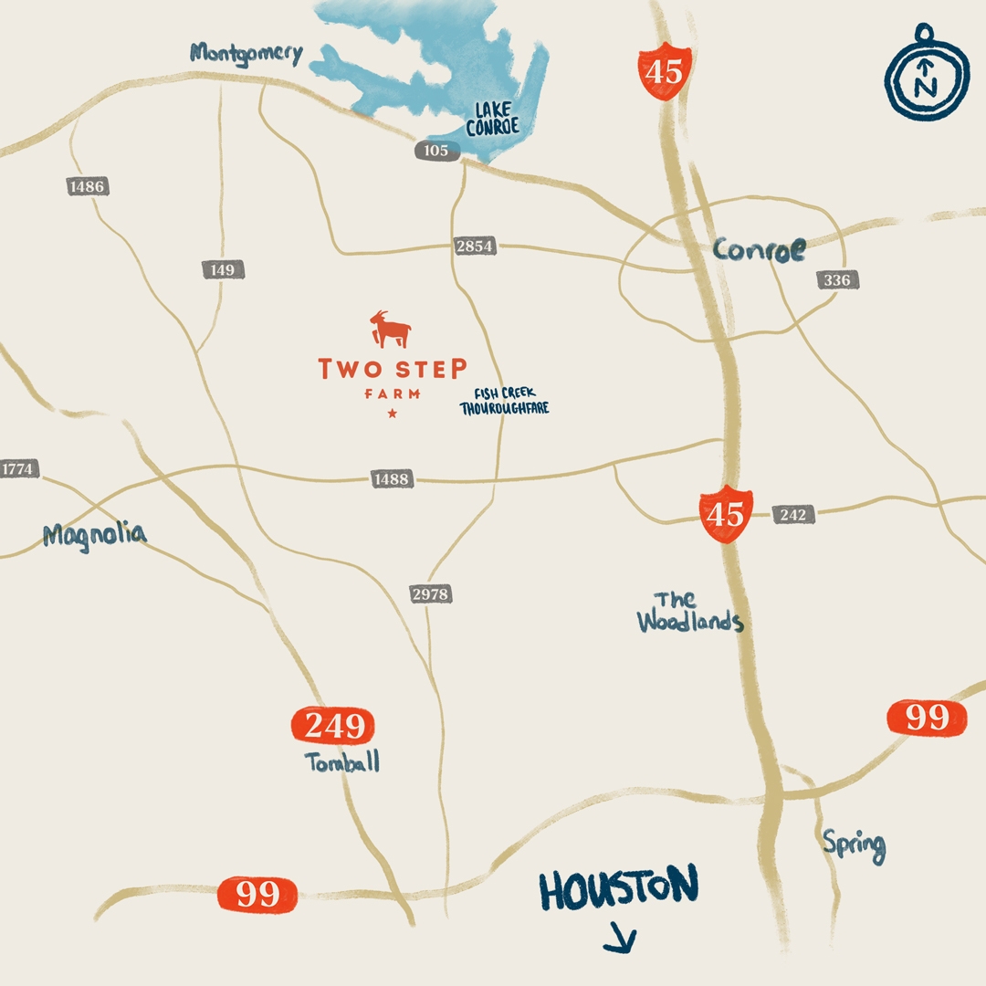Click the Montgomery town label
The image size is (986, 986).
246,53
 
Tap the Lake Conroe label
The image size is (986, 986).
492,120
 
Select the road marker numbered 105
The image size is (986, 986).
436,151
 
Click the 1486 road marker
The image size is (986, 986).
87,186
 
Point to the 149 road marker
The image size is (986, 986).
222,269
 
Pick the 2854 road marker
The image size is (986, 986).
475,246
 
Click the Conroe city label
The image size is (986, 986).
760,250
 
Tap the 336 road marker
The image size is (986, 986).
836,280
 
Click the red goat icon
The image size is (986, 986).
391,330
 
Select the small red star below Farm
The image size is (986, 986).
393,414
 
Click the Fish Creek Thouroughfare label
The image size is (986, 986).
504,402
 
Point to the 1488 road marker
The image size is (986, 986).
392,478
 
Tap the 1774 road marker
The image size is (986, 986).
17,469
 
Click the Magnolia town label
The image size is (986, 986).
94,535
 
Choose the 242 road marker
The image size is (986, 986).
793,515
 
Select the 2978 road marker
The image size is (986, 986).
430,594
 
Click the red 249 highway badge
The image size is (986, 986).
332,726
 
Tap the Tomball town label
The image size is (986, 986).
343,763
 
